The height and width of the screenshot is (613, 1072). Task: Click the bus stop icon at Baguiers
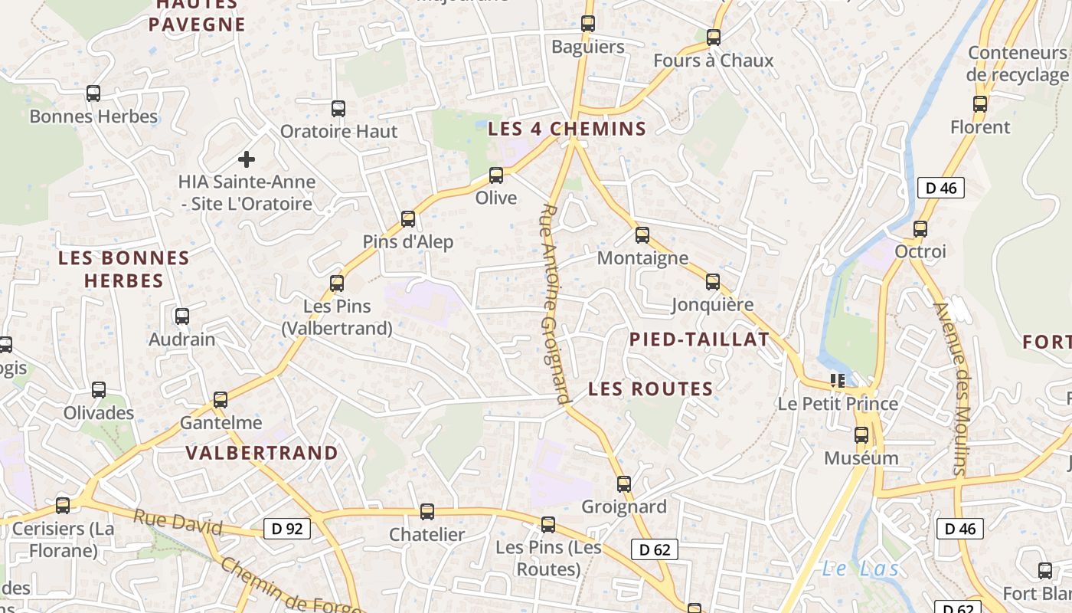[588, 24]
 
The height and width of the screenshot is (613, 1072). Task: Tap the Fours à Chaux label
[713, 61]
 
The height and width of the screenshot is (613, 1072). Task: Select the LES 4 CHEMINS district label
[567, 129]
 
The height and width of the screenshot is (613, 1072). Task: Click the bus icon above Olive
[496, 175]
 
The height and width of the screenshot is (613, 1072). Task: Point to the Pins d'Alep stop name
[408, 242]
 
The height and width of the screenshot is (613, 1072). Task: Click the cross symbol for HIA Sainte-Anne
[247, 159]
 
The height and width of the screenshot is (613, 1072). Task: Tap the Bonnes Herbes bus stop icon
[93, 93]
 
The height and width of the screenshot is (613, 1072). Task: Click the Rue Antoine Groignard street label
[555, 303]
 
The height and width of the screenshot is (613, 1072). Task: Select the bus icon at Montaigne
[642, 235]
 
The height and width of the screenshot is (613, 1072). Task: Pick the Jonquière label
[712, 305]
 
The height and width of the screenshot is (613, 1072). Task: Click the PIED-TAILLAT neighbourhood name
[699, 340]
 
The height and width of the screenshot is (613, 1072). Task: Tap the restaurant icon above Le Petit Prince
[838, 380]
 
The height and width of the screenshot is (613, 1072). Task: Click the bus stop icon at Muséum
[861, 435]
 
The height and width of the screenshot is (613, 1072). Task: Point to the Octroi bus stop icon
[920, 228]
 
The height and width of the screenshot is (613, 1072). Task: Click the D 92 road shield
[287, 528]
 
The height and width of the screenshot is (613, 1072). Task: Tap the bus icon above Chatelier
[427, 512]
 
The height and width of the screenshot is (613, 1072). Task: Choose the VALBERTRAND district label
[262, 453]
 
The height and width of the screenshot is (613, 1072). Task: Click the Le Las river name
[860, 569]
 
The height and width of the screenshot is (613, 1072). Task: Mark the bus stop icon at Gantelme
[221, 400]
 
